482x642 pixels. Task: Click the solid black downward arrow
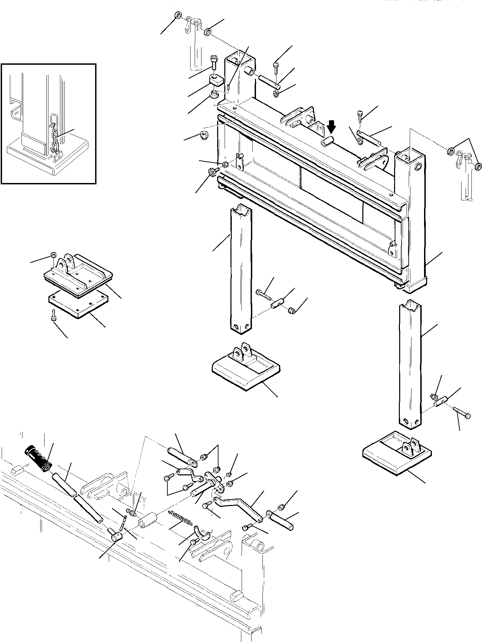331,128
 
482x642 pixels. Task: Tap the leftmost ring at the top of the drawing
178,16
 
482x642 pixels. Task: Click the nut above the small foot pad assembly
53,255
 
